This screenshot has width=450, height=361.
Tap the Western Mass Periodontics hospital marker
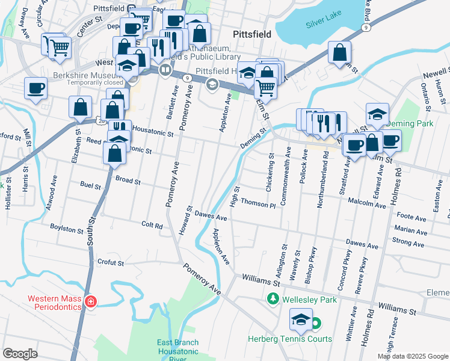90,301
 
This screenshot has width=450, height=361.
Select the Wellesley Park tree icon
273,298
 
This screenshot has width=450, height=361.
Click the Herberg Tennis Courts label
298,339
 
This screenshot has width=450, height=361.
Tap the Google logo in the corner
20,353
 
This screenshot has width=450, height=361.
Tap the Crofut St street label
111,263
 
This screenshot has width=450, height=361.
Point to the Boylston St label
67,230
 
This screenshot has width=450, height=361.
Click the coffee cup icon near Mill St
36,89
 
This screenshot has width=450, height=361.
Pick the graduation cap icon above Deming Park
377,113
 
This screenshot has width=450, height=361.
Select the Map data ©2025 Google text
412,356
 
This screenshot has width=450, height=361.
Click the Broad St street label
128,180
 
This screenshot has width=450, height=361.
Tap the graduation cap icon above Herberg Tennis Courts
301,319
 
